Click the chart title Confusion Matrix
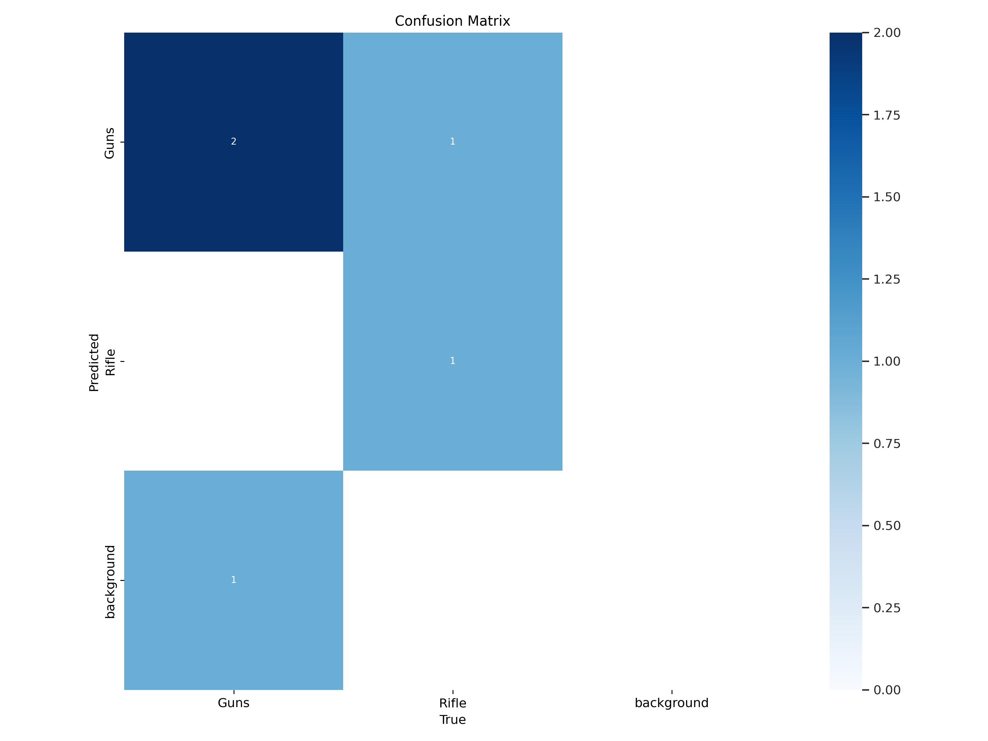pos(452,21)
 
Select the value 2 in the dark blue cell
pos(233,142)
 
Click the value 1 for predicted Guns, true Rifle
pos(453,142)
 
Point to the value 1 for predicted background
pos(233,580)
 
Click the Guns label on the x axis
pos(233,703)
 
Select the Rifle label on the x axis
pos(453,703)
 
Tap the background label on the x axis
pos(671,703)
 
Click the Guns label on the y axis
pos(109,143)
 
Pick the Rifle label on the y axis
pos(110,362)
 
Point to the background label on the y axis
pos(110,582)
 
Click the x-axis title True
pos(453,720)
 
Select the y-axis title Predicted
pos(94,363)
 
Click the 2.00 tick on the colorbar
pos(887,33)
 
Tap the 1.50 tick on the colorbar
pos(887,197)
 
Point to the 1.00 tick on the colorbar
pos(887,361)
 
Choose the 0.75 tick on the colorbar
pos(887,444)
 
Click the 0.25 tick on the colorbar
pos(887,608)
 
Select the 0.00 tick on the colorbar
pos(887,690)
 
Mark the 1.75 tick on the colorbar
pos(887,115)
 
